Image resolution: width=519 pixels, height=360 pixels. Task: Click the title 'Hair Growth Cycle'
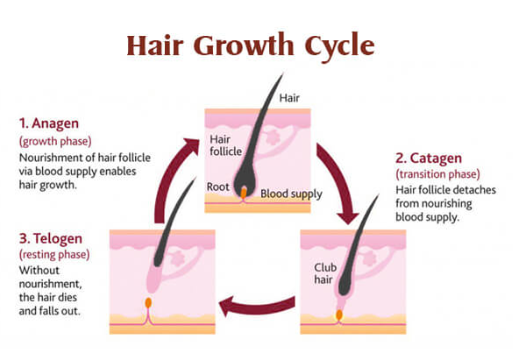tap(251, 46)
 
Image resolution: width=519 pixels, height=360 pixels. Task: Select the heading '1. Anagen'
tap(49, 124)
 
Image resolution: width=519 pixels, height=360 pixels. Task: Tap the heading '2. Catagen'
tap(429, 159)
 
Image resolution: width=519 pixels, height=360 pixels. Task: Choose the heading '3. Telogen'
tap(51, 238)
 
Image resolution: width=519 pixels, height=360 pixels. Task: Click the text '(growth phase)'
tap(55, 141)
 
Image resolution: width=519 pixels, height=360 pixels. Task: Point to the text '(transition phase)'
tap(437, 174)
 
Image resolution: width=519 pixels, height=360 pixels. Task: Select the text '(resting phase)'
tap(54, 255)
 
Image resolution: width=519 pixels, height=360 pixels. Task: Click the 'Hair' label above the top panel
tap(289, 98)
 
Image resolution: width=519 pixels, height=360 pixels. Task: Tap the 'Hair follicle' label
tap(225, 145)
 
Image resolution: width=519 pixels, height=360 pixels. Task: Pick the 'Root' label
tap(217, 187)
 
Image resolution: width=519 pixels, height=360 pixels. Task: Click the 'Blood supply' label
tap(291, 194)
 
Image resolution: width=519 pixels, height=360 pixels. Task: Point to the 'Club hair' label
tap(325, 273)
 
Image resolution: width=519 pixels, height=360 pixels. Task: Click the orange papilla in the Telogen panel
tap(148, 303)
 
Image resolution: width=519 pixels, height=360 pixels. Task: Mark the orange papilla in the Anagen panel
tap(244, 193)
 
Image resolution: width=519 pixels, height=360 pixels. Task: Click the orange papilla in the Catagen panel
tap(339, 315)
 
